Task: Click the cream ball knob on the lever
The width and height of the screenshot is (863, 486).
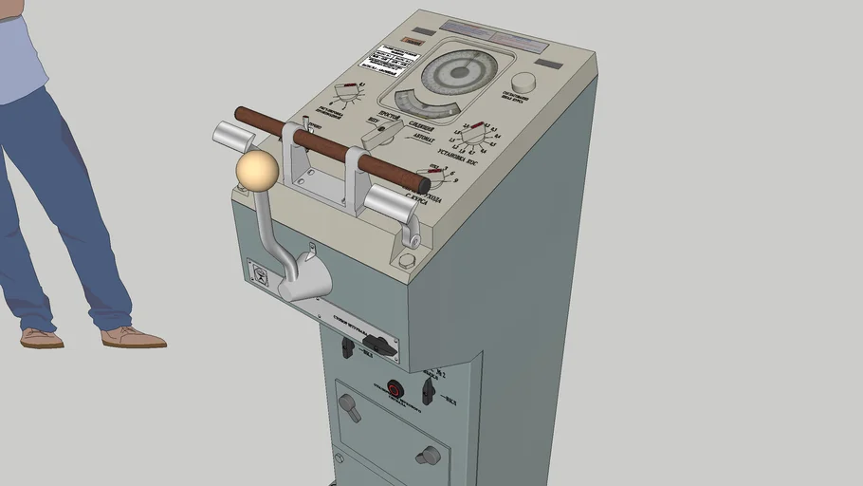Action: pos(257,170)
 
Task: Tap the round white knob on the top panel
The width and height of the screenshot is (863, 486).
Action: pos(523,84)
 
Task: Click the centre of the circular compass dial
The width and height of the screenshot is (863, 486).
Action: pos(459,71)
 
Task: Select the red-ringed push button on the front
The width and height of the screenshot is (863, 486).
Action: pos(395,388)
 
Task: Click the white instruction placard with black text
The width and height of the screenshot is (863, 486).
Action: pos(389,58)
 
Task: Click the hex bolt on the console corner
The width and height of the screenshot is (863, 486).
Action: pos(407,261)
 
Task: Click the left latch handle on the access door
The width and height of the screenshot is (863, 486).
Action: pos(350,409)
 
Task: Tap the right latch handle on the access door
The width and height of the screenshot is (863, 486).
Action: pos(429,456)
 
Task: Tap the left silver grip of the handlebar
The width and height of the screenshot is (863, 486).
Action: pos(230,137)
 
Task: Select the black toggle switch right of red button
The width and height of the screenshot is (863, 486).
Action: pos(429,389)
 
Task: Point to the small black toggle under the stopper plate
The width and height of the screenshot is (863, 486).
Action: pos(348,349)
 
